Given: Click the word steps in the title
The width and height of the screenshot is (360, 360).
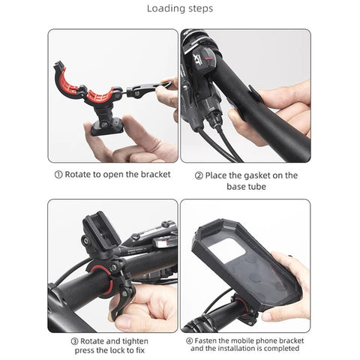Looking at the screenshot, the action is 199,9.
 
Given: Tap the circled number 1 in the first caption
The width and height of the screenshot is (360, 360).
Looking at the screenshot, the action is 58,175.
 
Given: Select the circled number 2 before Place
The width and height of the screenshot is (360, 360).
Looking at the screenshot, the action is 199,176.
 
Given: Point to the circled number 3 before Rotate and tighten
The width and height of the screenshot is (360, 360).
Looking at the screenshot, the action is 74,341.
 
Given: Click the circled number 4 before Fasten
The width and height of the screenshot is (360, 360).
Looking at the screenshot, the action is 190,340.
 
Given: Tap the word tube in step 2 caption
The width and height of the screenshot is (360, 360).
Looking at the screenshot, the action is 256,187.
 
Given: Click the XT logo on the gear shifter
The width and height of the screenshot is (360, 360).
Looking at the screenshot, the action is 198,59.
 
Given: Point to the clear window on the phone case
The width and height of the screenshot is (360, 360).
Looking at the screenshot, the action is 226,250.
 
